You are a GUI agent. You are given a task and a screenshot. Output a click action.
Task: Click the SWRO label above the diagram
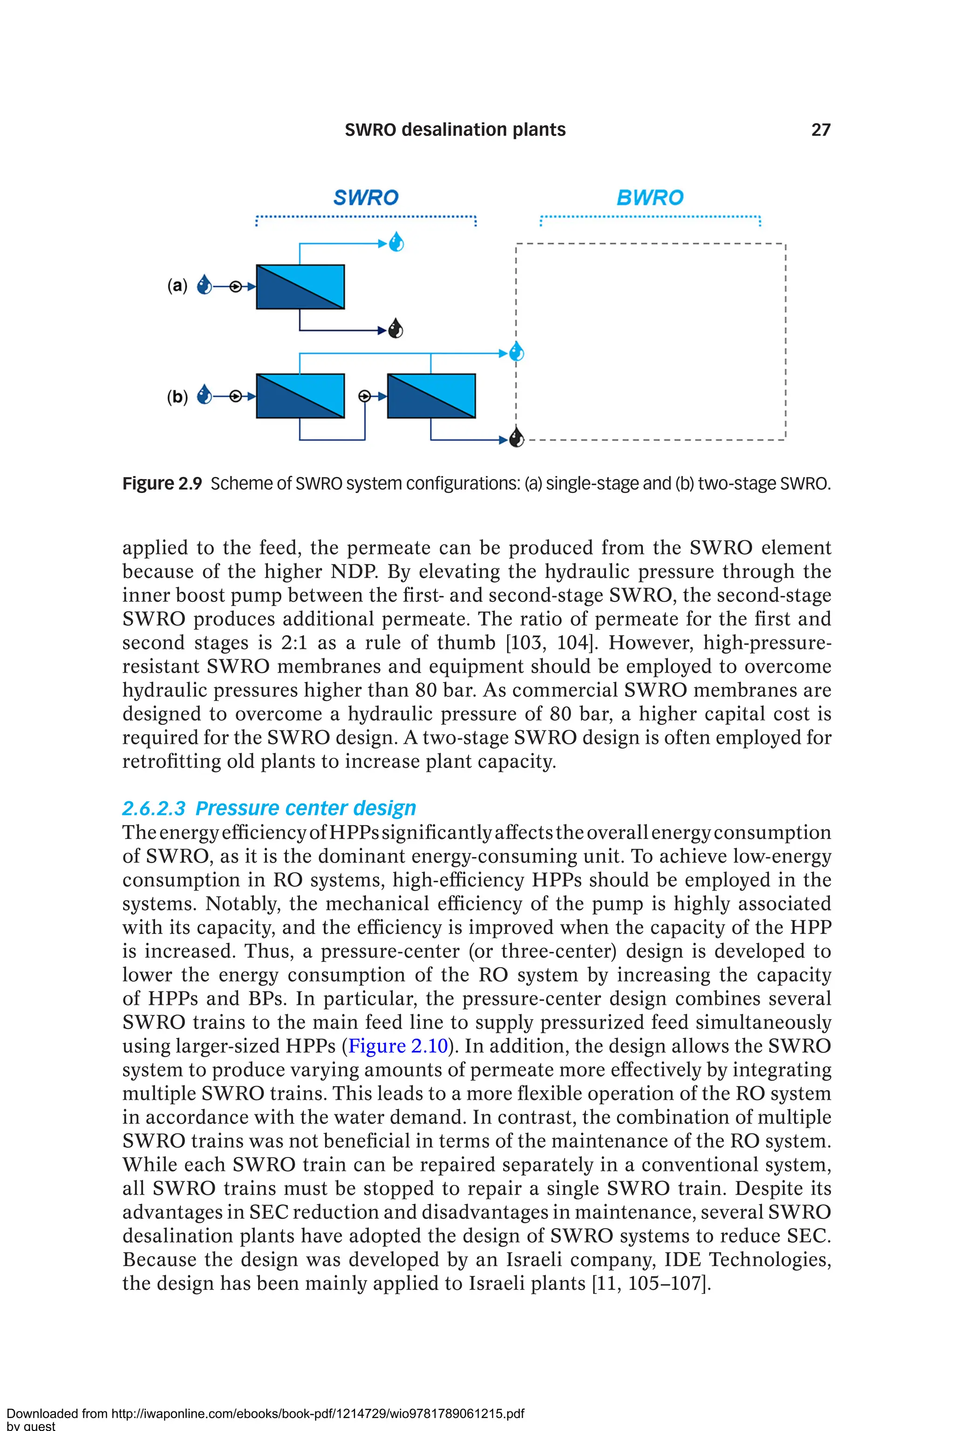pyautogui.click(x=366, y=198)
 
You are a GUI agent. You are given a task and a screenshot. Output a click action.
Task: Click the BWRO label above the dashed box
pyautogui.click(x=650, y=198)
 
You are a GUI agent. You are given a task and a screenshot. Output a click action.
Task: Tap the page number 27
pyautogui.click(x=821, y=129)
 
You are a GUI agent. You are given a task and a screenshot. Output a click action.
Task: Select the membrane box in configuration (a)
pyautogui.click(x=300, y=286)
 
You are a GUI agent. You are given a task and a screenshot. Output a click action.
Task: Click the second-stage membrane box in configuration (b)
pyautogui.click(x=431, y=396)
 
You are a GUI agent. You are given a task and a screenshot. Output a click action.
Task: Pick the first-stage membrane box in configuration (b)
pyautogui.click(x=300, y=396)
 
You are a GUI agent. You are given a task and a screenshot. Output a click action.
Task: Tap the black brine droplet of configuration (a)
pyautogui.click(x=395, y=329)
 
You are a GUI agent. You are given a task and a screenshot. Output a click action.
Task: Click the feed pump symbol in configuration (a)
pyautogui.click(x=235, y=286)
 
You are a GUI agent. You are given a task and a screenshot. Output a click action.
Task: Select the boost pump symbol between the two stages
pyautogui.click(x=364, y=396)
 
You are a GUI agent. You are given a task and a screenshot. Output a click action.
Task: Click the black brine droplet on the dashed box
pyautogui.click(x=516, y=437)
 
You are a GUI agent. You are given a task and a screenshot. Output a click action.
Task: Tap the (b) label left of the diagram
pyautogui.click(x=177, y=397)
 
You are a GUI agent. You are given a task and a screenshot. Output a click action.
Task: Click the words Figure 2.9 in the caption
pyautogui.click(x=162, y=484)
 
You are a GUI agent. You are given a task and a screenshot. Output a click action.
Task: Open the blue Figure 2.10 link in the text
pyautogui.click(x=398, y=1046)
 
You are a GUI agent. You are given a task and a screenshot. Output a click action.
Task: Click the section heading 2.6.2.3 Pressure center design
pyautogui.click(x=269, y=808)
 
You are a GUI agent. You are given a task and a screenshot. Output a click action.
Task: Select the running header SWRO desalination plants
pyautogui.click(x=455, y=129)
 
